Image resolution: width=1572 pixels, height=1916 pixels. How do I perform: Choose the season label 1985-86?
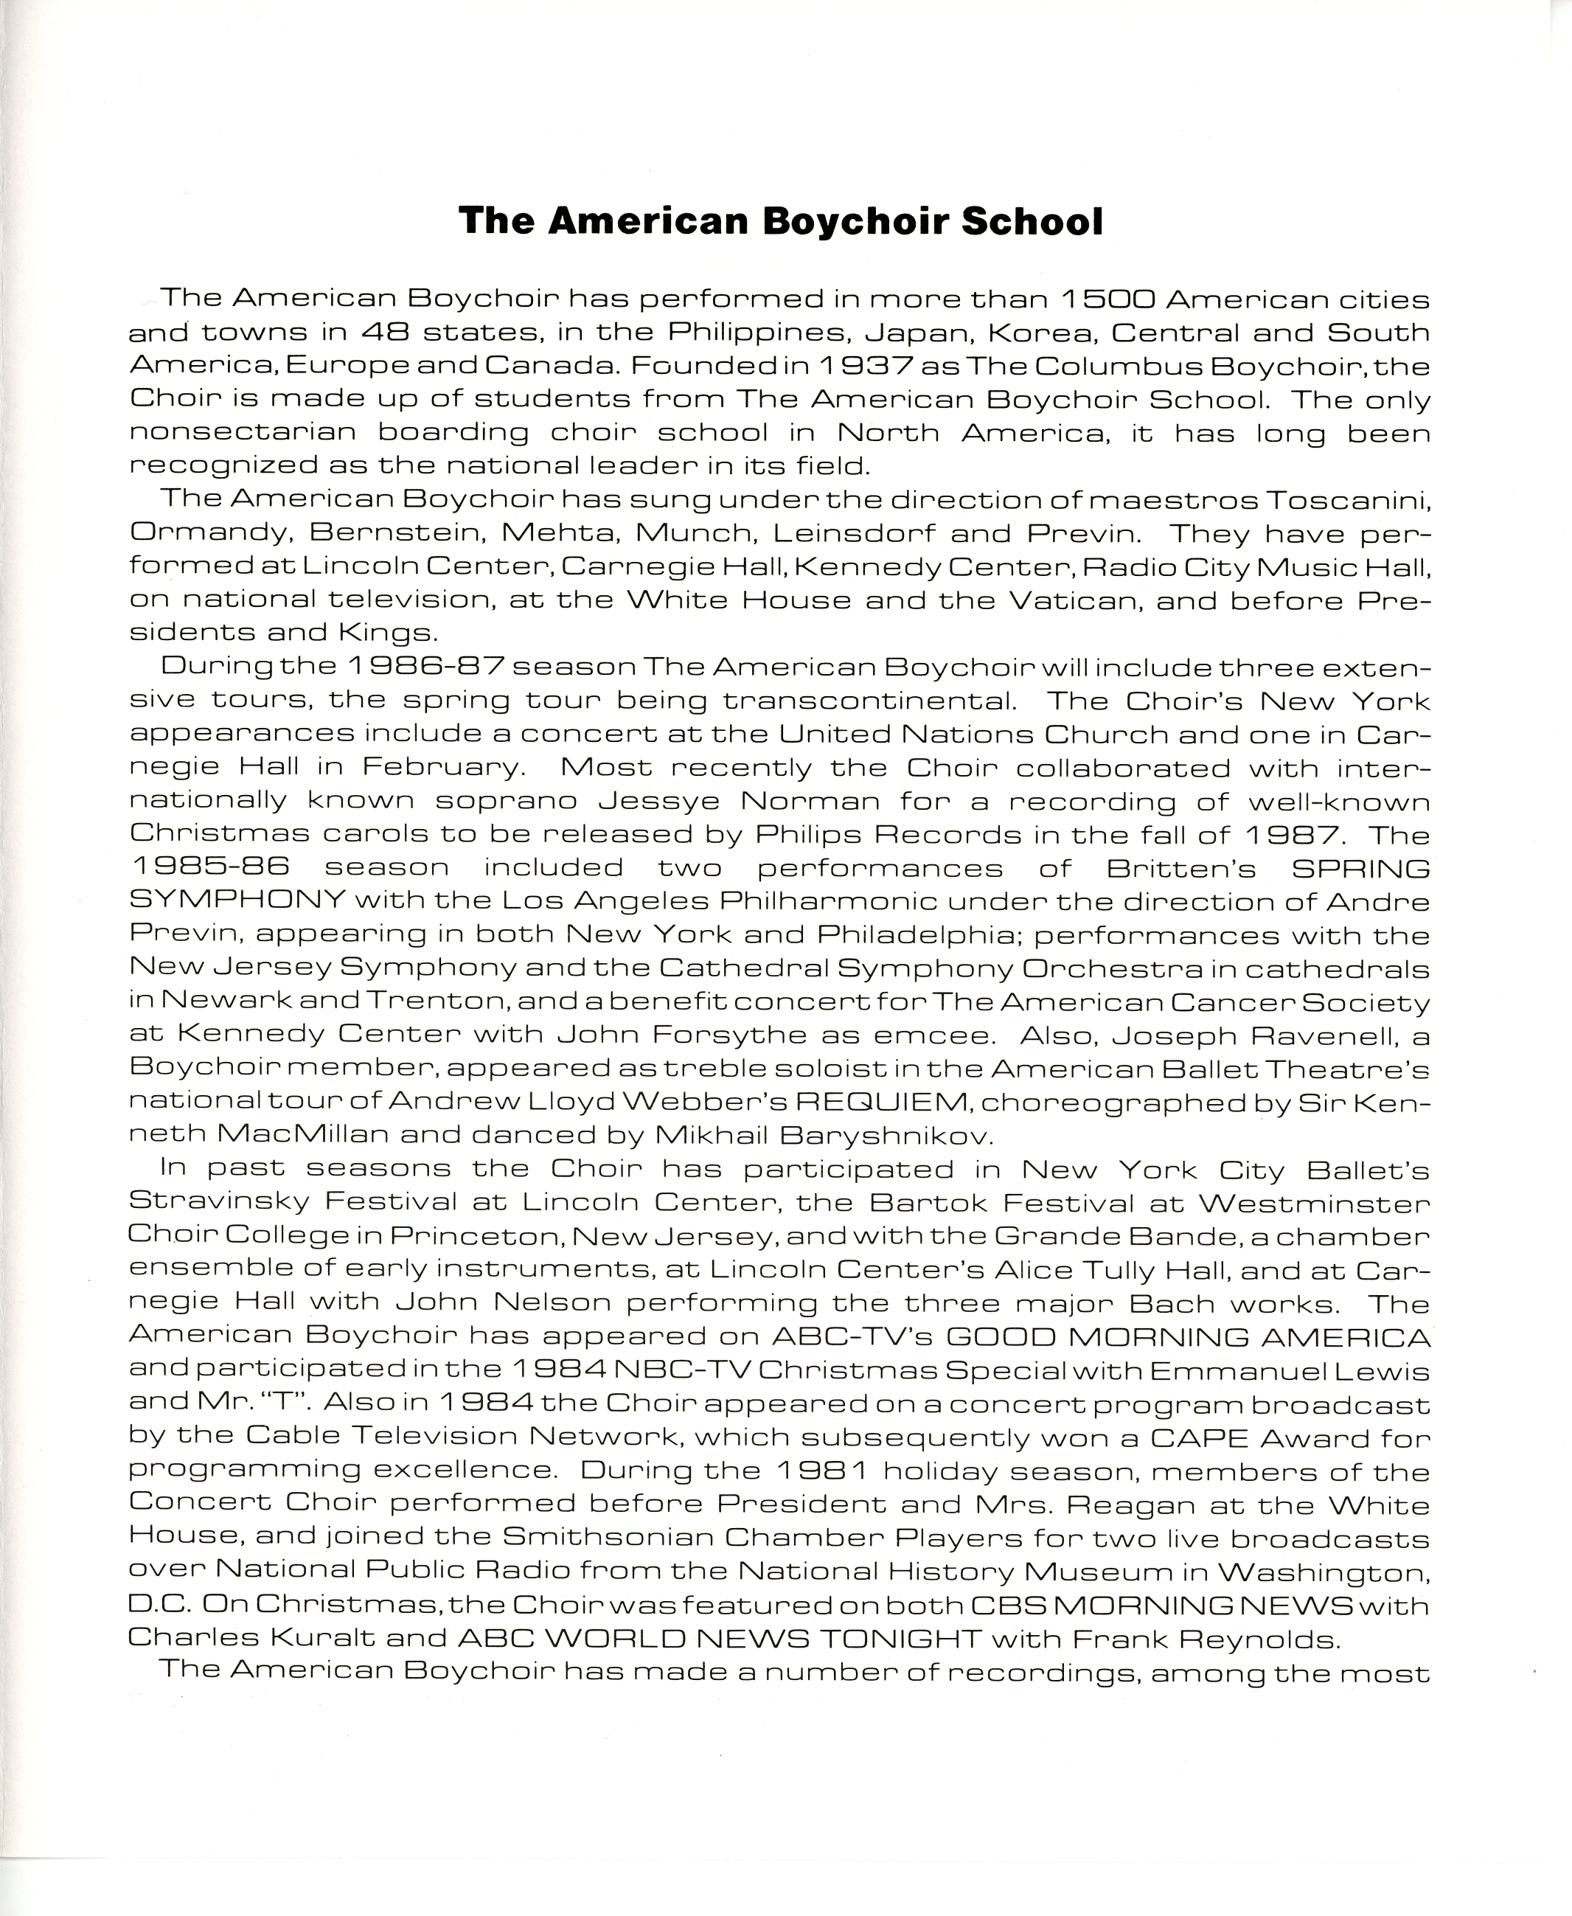pos(210,867)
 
